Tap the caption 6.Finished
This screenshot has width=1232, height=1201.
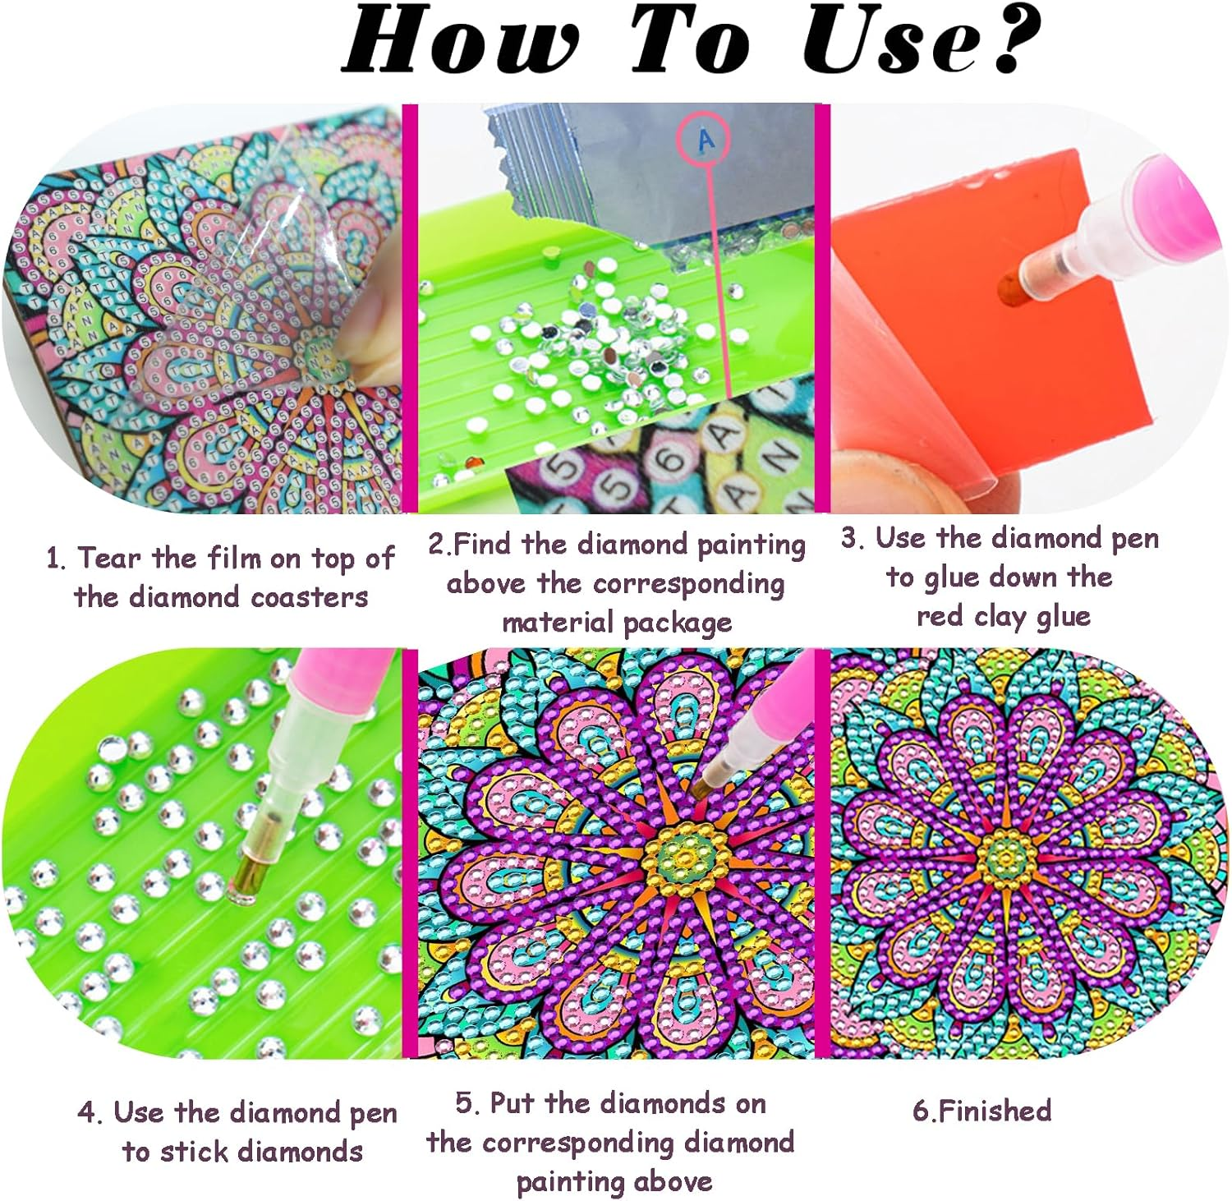(x=981, y=1111)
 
